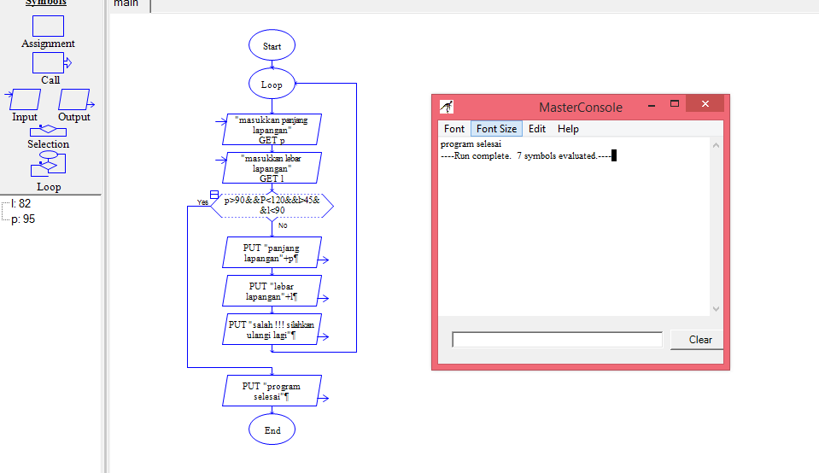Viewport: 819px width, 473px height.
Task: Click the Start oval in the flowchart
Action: coord(272,46)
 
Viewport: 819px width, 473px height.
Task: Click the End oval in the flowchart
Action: coord(272,430)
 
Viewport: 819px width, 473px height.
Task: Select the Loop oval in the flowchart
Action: coord(272,85)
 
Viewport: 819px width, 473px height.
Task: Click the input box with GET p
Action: coord(272,130)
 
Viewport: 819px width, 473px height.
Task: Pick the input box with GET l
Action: coord(272,167)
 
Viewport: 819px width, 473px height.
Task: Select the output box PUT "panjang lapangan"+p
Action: coord(272,253)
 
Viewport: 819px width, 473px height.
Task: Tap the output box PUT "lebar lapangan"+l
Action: coord(272,290)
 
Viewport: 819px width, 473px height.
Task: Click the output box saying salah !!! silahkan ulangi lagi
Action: coord(272,330)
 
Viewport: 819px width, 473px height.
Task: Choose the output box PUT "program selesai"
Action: coord(272,391)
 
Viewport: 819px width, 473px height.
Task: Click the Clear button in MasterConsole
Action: coord(699,340)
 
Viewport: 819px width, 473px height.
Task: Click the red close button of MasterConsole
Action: coord(705,104)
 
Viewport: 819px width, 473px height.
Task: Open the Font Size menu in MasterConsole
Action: coord(496,129)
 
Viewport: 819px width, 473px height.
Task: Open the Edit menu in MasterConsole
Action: coord(536,129)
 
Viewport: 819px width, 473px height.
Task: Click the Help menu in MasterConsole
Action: coord(568,129)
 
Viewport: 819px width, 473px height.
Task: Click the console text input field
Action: coord(557,340)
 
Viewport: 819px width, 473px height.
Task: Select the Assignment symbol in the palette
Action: coord(48,26)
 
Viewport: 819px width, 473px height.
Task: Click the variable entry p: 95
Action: coord(23,219)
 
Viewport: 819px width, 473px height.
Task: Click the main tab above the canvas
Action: coord(126,4)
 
